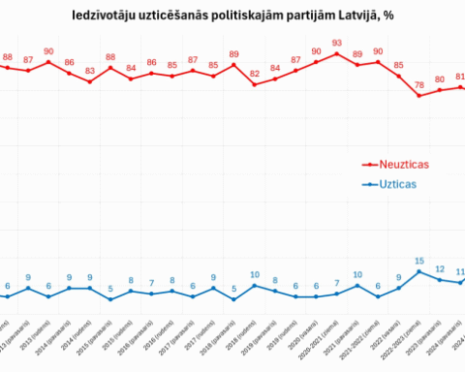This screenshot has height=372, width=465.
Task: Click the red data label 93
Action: click(x=336, y=43)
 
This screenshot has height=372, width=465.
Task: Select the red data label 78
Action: click(x=418, y=85)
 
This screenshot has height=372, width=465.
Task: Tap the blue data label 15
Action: click(x=418, y=261)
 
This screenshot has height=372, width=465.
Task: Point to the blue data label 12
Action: click(x=440, y=269)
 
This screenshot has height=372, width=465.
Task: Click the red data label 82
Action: click(x=255, y=74)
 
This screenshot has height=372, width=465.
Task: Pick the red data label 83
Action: click(x=90, y=71)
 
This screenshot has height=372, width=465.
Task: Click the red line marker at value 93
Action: click(x=336, y=53)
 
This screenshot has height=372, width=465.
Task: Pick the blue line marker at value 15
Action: click(x=418, y=272)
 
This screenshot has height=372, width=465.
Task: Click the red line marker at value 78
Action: click(x=418, y=96)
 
